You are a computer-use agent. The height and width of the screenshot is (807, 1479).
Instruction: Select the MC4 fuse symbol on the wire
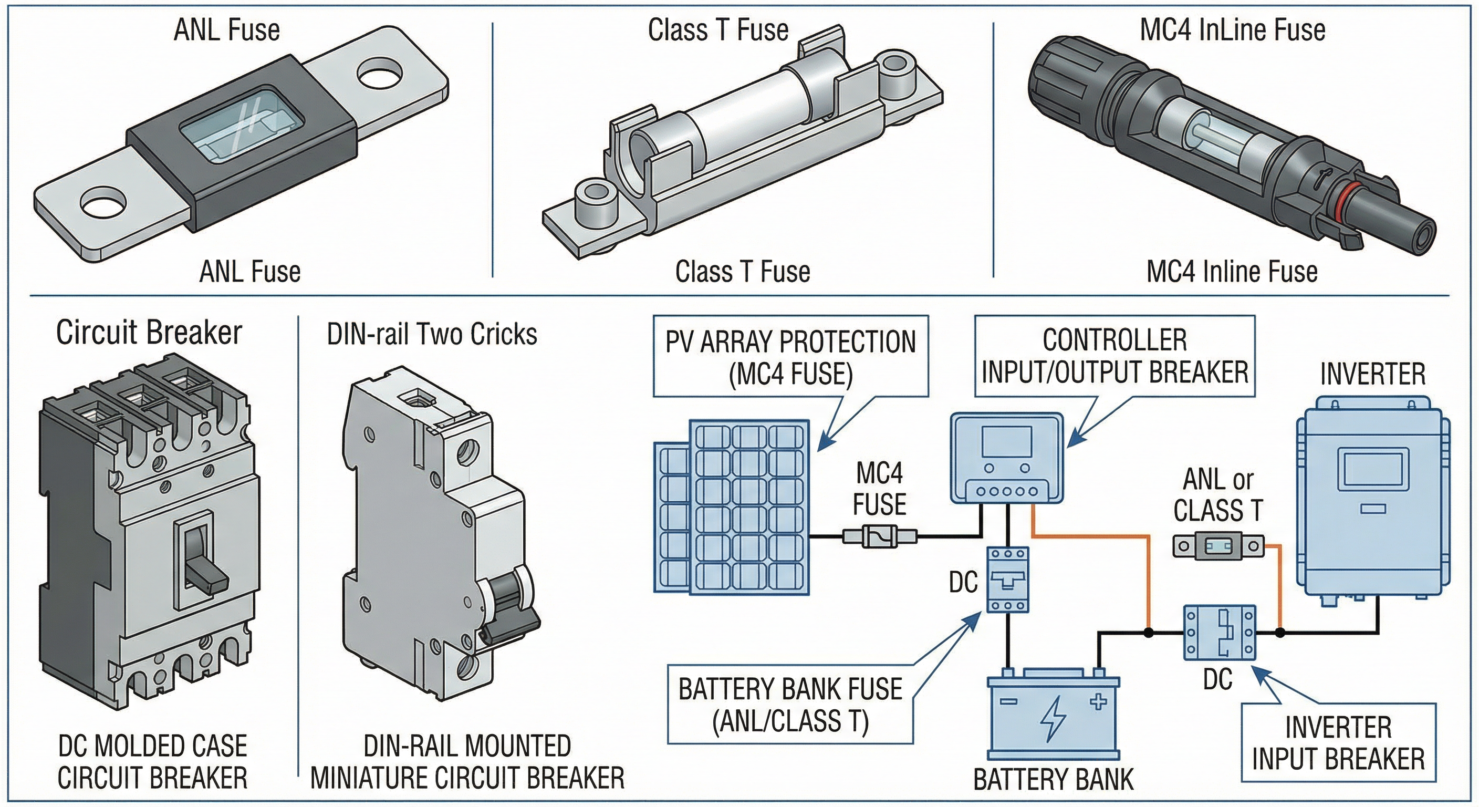pyautogui.click(x=880, y=537)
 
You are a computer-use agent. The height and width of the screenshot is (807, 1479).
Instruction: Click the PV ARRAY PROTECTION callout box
pyautogui.click(x=790, y=357)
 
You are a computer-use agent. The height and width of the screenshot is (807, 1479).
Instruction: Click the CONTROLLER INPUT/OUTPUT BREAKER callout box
pyautogui.click(x=1114, y=356)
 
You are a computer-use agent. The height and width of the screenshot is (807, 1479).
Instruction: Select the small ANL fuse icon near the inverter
pyautogui.click(x=1218, y=546)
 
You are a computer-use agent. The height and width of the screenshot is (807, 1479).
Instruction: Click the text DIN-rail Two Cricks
pyautogui.click(x=431, y=334)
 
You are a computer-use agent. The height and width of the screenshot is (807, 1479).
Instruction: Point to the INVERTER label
pyautogui.click(x=1372, y=375)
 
